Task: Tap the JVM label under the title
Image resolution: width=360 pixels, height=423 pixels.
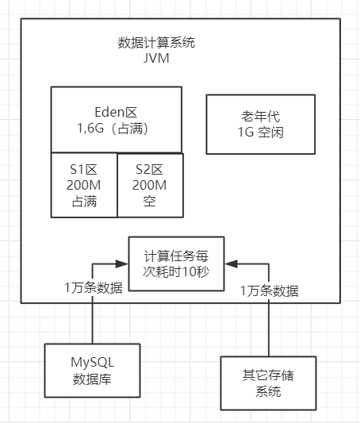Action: pos(155,59)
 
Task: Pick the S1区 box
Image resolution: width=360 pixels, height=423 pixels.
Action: pos(83,185)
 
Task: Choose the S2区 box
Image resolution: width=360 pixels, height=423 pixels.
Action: pos(150,185)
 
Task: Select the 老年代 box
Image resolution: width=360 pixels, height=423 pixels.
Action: pos(261,124)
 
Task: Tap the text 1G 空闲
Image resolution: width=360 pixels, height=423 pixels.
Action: pos(261,132)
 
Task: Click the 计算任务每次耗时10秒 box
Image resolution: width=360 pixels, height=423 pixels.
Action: pos(176,263)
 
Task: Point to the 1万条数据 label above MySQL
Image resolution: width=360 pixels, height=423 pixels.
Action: pos(94,287)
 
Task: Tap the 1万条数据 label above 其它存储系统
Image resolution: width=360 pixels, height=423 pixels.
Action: pos(270,290)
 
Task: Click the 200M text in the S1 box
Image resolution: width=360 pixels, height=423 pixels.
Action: pos(83,185)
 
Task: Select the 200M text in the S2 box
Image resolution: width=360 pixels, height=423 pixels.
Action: pos(150,185)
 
